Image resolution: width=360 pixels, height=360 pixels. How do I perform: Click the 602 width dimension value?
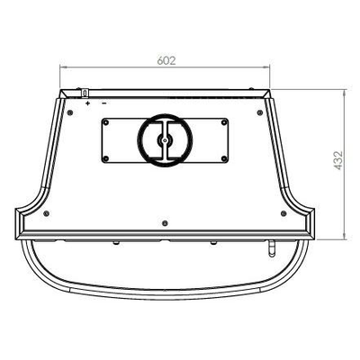coord(166,60)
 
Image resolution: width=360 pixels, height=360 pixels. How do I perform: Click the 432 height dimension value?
coord(338,160)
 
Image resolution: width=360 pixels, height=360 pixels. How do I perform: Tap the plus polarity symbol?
coord(87,103)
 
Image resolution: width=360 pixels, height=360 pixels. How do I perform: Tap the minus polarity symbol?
coord(104,103)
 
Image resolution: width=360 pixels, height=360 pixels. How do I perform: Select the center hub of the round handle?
coord(165,139)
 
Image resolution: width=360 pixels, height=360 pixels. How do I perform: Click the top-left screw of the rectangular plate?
coord(105,122)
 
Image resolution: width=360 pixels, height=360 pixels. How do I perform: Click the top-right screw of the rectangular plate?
coord(224,122)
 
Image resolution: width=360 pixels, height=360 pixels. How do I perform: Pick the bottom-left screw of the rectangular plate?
coord(105,158)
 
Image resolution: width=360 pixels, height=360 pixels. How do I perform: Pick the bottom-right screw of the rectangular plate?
coord(224,158)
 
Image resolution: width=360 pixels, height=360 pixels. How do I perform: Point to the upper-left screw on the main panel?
coord(70,112)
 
